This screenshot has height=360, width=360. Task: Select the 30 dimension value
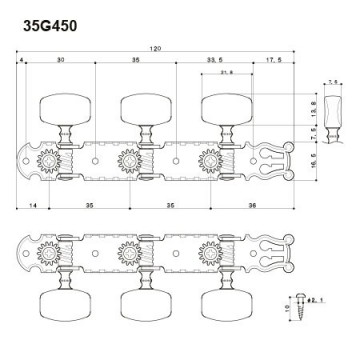click(60, 61)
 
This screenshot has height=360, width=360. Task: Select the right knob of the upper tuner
click(221, 107)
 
